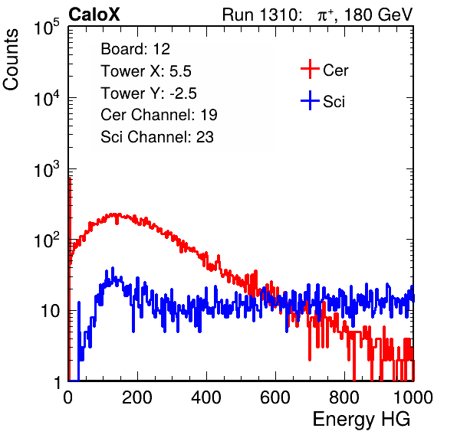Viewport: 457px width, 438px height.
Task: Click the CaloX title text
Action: pyautogui.click(x=94, y=15)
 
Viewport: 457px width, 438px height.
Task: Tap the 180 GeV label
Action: pyautogui.click(x=379, y=15)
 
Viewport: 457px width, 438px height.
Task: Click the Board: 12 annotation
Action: pyautogui.click(x=135, y=49)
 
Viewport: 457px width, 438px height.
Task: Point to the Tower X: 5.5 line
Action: pyautogui.click(x=146, y=71)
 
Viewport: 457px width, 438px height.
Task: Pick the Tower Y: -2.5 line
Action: pyautogui.click(x=149, y=93)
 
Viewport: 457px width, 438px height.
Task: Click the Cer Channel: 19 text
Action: pyautogui.click(x=159, y=115)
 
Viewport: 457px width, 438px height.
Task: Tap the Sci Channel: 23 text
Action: pyautogui.click(x=157, y=137)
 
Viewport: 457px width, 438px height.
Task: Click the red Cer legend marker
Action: pyautogui.click(x=310, y=69)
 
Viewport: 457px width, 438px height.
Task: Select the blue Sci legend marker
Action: pyautogui.click(x=310, y=100)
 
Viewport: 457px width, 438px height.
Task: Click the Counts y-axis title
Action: pyautogui.click(x=11, y=60)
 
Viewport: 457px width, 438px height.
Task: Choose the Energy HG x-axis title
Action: pyautogui.click(x=361, y=420)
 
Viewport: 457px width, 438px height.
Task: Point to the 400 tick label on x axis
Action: pyautogui.click(x=206, y=397)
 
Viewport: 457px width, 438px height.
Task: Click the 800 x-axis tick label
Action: pyautogui.click(x=344, y=397)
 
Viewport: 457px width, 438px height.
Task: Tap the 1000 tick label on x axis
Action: pyautogui.click(x=413, y=397)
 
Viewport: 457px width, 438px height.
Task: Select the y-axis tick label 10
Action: pyautogui.click(x=50, y=311)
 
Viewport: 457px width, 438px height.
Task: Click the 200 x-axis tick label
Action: pyautogui.click(x=137, y=397)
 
